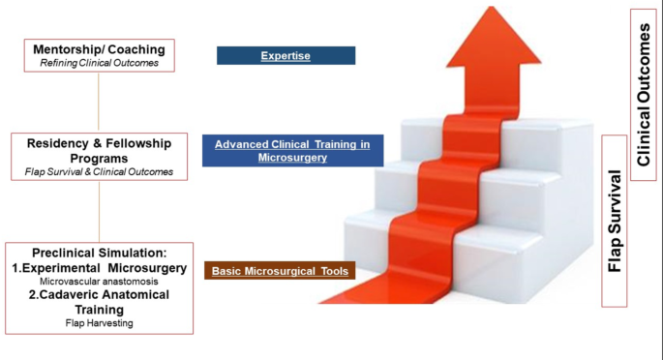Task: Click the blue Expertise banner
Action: click(286, 56)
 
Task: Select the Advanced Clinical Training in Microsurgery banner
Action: click(292, 150)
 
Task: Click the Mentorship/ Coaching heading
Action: click(99, 49)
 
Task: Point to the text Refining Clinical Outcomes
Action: click(99, 63)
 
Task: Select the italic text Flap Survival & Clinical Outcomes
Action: click(99, 172)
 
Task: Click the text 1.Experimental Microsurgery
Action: click(99, 268)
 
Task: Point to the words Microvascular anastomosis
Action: click(99, 281)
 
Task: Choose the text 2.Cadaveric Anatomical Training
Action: click(99, 301)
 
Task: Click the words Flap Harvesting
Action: click(99, 322)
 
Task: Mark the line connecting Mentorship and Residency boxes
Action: click(99, 102)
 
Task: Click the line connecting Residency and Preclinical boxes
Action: click(99, 212)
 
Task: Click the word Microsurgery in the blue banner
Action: click(292, 157)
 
